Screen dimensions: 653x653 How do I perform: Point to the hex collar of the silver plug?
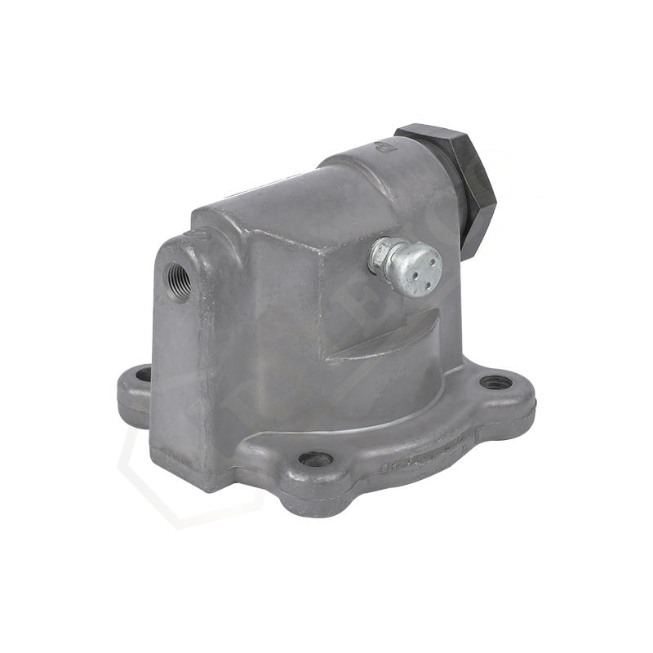click(x=382, y=256)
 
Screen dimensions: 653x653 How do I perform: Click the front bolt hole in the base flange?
click(x=315, y=459)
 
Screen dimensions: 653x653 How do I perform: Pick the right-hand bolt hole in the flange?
click(x=495, y=381)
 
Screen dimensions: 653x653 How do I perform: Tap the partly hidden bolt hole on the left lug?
click(x=144, y=375)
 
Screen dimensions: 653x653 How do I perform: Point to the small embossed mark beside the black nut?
click(x=380, y=149)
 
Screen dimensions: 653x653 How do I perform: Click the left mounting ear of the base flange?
click(x=134, y=392)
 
